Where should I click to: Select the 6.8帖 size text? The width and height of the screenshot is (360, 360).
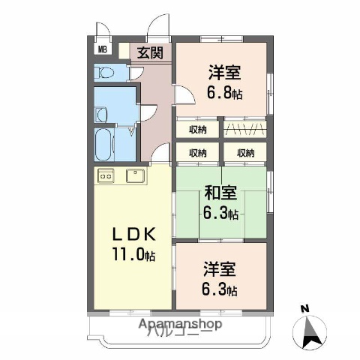pos(225,94)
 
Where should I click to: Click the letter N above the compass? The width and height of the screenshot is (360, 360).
pos(304,308)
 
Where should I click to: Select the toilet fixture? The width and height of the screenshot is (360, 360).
pos(105,73)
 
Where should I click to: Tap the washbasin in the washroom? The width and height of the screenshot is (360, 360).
pos(101,114)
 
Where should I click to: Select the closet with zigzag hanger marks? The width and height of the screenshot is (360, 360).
pos(244,129)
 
